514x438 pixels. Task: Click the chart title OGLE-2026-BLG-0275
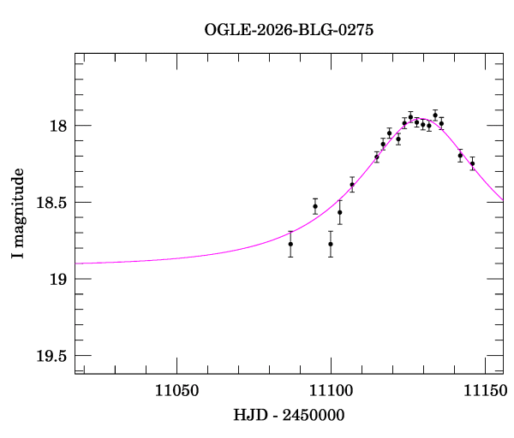pos(289,29)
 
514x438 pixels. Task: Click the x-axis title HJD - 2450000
pos(289,415)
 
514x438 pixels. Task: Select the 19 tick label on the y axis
pos(58,280)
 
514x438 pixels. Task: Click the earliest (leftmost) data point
pos(290,244)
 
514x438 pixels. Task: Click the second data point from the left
pos(315,206)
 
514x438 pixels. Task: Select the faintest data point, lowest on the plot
pos(331,244)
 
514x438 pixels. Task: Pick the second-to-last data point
pos(460,156)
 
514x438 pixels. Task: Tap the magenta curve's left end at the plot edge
pos(75,263)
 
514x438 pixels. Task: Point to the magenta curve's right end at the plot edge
pos(503,200)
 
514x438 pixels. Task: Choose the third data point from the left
pos(331,244)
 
